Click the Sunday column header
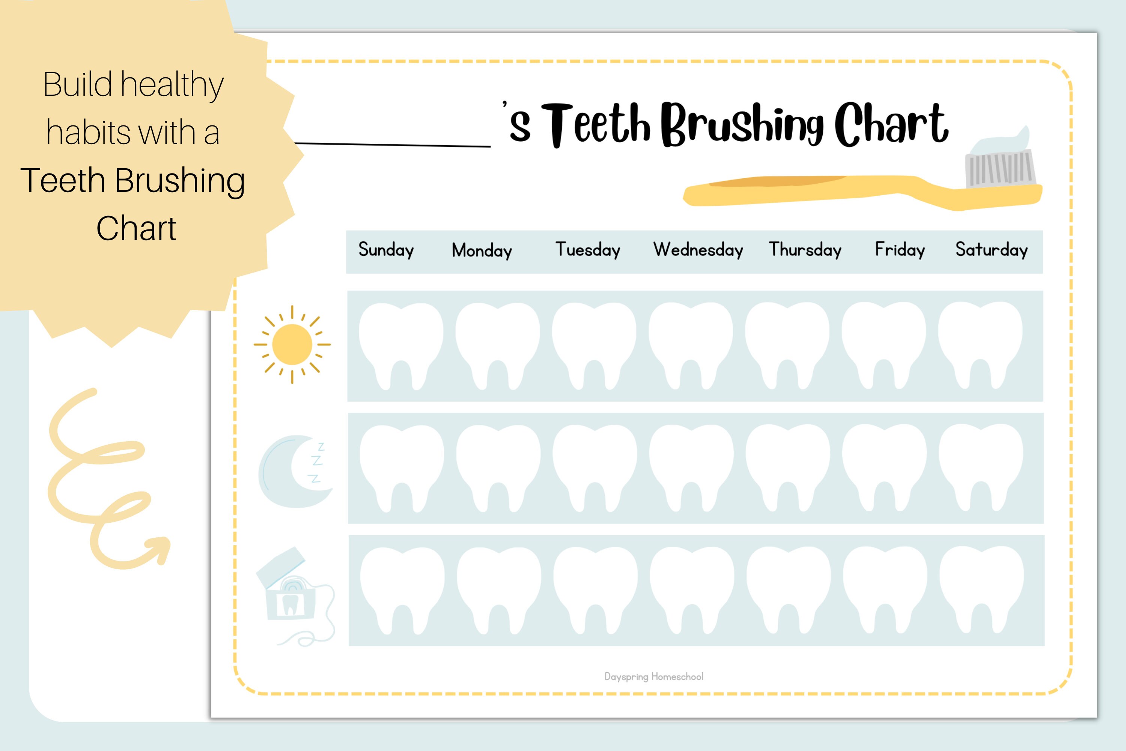(x=386, y=250)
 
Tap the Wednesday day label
(x=698, y=250)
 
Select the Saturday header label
(x=992, y=250)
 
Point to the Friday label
(x=900, y=250)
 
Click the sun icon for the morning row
(x=292, y=344)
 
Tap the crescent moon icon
(x=290, y=472)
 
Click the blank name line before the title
(x=393, y=144)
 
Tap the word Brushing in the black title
(x=742, y=125)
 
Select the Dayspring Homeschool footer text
(x=653, y=677)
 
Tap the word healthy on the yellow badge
(x=172, y=85)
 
